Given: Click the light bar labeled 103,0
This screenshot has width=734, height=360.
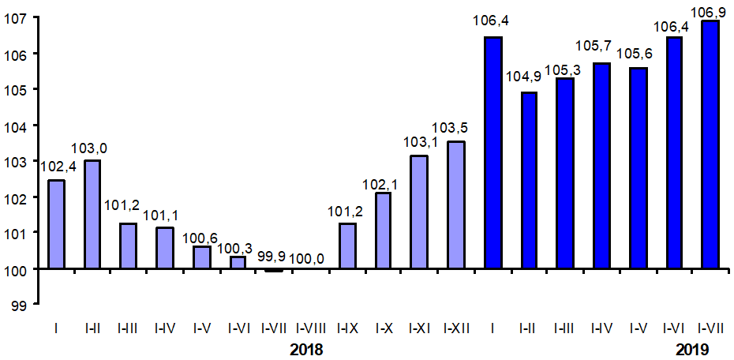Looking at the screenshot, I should (92, 215).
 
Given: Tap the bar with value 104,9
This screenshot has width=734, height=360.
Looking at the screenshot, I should (529, 181).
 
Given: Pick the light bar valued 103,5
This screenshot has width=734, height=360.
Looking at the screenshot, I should (456, 205).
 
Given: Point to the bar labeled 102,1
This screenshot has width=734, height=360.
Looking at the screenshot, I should (384, 231).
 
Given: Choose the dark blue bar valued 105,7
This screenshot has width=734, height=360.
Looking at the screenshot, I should (601, 166).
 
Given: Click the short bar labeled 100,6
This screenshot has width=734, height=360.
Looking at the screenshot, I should (201, 257).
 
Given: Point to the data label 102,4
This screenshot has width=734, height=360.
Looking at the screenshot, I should (56, 167).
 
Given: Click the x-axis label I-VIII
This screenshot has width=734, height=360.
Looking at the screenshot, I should (309, 326).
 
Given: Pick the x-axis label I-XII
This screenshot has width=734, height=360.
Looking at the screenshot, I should (456, 326).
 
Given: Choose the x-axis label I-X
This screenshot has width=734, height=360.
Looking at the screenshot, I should (384, 326).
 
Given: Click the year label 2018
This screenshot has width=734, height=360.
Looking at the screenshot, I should (307, 349).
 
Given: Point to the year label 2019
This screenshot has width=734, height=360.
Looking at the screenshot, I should (692, 349).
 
